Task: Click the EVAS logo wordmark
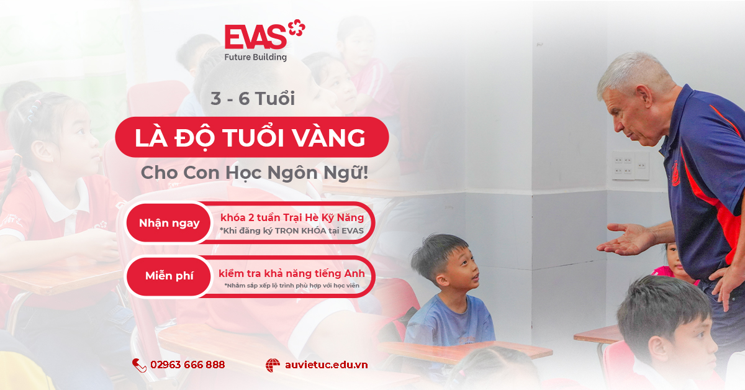(x=255, y=37)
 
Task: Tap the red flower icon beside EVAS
(x=296, y=27)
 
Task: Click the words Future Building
(x=255, y=57)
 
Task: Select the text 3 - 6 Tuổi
(x=253, y=99)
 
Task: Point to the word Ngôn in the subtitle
(x=292, y=173)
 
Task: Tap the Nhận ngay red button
(x=169, y=223)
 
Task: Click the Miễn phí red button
(x=169, y=276)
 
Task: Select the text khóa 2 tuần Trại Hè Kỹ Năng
(x=292, y=217)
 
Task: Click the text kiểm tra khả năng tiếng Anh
(x=292, y=273)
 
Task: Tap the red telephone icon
(x=139, y=365)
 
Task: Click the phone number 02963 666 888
(x=187, y=365)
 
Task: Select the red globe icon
(x=273, y=365)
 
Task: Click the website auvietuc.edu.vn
(x=327, y=365)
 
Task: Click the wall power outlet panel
(x=631, y=165)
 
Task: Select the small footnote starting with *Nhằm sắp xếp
(x=292, y=286)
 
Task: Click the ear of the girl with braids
(x=43, y=151)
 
